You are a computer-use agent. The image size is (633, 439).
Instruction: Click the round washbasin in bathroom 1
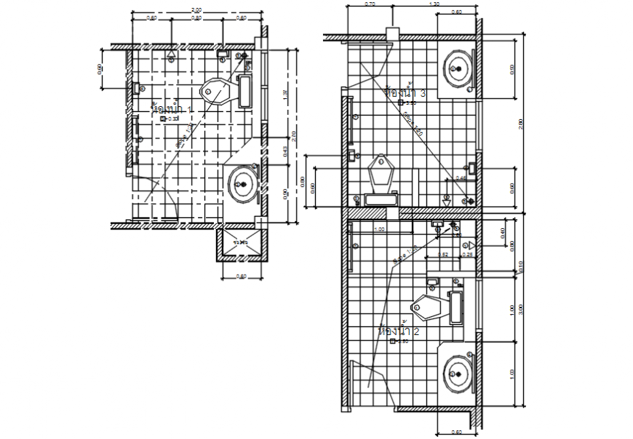242,184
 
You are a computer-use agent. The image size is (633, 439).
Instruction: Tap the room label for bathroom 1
172,109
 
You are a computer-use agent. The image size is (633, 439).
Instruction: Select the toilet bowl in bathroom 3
381,172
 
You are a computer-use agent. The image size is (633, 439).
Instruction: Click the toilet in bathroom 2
429,308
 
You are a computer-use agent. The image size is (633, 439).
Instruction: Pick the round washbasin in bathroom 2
457,373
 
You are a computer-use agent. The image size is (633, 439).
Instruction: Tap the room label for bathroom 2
399,331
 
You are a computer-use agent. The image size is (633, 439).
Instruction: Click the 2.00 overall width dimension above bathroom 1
196,9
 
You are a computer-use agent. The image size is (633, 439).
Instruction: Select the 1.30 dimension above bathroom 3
434,4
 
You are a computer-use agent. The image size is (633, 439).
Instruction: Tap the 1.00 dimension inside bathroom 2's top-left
379,230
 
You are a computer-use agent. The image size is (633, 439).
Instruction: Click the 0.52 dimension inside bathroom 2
442,255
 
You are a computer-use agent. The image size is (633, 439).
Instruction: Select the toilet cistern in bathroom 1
244,91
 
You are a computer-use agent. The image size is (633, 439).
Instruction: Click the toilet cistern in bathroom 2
456,307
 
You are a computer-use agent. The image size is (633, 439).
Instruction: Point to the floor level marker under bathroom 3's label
402,102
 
